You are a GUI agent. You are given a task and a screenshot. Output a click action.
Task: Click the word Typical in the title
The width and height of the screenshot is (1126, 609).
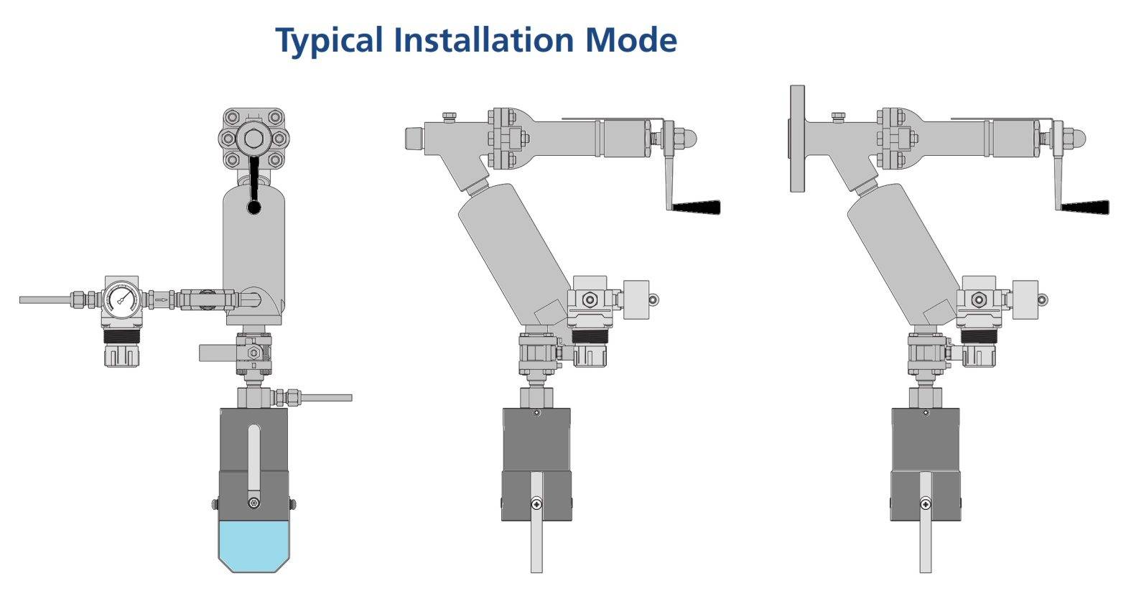click(x=330, y=40)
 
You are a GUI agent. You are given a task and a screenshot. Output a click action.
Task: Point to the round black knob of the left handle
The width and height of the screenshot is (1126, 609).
click(x=254, y=208)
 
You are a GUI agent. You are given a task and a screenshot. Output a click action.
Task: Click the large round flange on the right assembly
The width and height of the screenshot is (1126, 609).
click(x=797, y=138)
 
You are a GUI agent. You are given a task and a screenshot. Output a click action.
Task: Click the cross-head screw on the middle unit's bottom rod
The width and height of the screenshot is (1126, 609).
click(x=536, y=504)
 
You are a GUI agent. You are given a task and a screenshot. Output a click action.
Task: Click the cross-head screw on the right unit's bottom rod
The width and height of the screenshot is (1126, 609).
click(x=926, y=504)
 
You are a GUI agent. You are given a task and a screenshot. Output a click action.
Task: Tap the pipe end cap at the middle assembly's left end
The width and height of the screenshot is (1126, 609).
click(x=414, y=138)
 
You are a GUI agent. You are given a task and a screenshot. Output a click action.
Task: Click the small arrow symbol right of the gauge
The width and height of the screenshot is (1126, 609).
click(x=163, y=299)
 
